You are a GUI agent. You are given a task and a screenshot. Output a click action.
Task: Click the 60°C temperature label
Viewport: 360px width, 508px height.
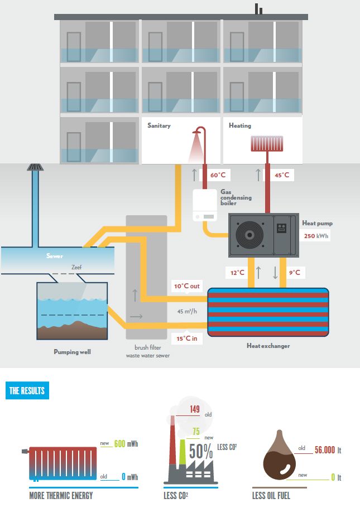218,175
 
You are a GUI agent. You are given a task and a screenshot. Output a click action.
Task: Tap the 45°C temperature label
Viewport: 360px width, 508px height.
282,175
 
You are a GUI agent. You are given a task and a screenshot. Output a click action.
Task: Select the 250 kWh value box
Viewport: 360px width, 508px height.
316,236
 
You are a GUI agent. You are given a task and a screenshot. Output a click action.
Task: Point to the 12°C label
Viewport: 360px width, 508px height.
237,273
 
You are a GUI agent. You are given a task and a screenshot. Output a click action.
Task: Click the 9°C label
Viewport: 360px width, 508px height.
294,273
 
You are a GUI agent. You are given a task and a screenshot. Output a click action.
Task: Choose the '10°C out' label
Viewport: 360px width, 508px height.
186,286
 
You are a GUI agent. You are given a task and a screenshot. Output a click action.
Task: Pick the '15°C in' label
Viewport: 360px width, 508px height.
186,338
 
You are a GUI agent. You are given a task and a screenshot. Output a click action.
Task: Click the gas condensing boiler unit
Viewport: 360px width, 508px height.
205,206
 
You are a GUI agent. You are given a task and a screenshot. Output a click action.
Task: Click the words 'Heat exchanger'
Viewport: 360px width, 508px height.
268,346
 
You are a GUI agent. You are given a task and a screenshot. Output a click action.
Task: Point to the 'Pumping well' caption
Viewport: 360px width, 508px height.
72,352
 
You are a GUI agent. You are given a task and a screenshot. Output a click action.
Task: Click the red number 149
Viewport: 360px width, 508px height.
194,410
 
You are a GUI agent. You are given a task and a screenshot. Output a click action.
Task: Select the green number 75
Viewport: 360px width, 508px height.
196,430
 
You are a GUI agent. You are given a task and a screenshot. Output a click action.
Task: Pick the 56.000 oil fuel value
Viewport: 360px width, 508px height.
325,449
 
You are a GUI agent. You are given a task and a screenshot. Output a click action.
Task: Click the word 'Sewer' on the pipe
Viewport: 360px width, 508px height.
55,257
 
